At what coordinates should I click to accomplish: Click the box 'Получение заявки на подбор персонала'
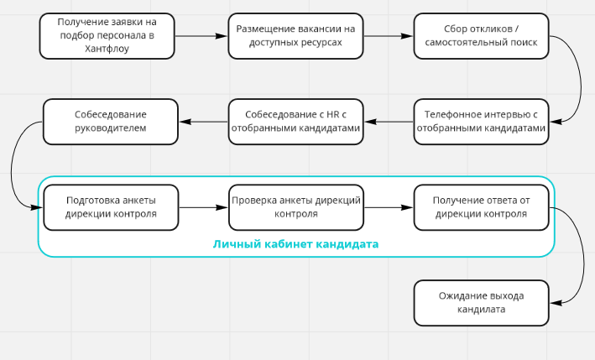coord(107,35)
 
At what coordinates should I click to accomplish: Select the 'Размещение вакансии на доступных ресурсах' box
coord(296,35)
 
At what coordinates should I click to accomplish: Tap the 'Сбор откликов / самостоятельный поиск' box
coord(482,35)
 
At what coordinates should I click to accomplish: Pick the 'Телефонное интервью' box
coord(481,122)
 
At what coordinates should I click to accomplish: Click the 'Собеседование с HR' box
coord(296,122)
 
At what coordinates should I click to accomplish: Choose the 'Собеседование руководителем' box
coord(110,122)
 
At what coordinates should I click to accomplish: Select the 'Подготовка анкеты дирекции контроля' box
coord(110,207)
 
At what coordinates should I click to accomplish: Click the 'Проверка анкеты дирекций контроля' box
coord(296,207)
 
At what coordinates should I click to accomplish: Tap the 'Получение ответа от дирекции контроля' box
coord(481,207)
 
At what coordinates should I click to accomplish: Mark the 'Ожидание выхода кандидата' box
coord(481,302)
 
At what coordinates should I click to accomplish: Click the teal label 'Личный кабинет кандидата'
coord(295,244)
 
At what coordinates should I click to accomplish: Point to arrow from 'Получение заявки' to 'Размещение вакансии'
coord(201,36)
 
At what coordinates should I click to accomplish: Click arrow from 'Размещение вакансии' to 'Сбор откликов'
coord(389,36)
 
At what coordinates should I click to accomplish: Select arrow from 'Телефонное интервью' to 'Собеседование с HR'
coord(389,123)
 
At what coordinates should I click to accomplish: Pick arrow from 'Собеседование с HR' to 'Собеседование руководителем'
coord(203,123)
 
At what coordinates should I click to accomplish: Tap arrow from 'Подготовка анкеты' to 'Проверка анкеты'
coord(203,207)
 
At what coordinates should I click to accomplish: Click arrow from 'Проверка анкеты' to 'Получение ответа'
coord(389,207)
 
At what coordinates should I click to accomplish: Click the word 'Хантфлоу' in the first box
coord(107,49)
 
